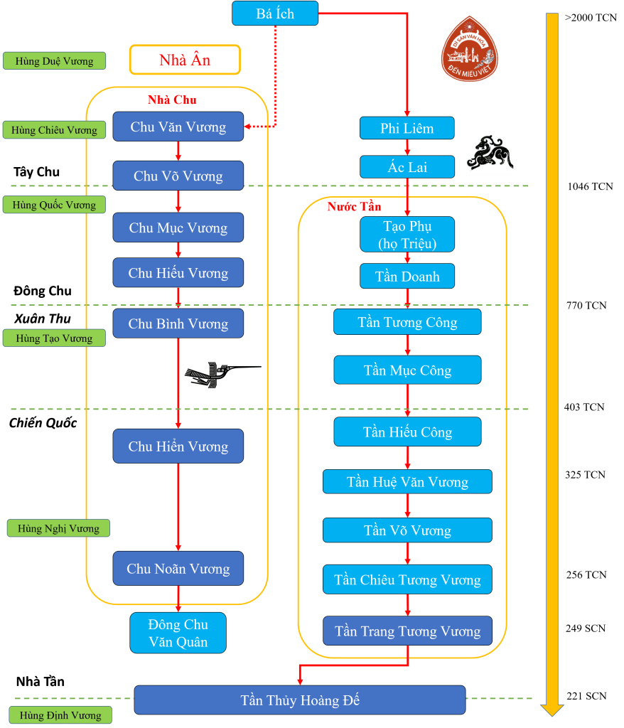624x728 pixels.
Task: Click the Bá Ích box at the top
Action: point(275,14)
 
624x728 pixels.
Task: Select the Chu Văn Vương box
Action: point(178,127)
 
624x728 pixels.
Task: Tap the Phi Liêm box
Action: point(407,128)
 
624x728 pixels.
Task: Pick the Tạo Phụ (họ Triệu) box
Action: point(407,235)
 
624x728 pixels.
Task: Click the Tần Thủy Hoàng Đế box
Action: point(299,700)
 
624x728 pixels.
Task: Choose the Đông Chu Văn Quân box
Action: point(178,633)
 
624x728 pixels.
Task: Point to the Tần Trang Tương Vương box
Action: point(407,631)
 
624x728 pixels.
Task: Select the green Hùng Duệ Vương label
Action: point(54,61)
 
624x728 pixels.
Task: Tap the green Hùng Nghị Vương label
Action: point(58,528)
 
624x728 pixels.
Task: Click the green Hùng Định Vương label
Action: point(60,715)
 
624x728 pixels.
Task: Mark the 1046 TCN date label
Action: point(590,187)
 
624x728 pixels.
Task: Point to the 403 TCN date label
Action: point(584,407)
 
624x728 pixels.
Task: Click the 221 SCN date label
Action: point(586,695)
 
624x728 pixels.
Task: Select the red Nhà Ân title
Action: point(185,60)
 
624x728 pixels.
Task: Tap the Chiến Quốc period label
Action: point(43,423)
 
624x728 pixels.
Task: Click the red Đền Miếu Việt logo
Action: point(469,50)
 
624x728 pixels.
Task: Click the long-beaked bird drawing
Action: point(222,374)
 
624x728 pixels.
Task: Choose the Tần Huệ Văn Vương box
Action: point(407,482)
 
